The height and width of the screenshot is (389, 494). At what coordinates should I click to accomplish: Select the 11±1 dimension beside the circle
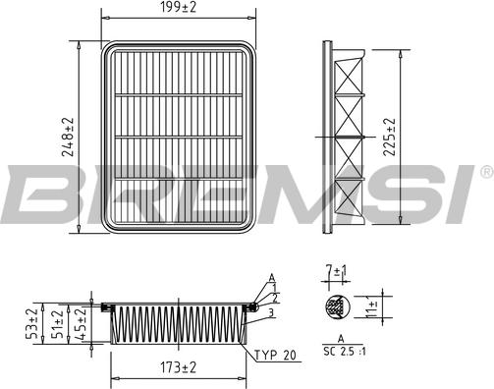click(372, 306)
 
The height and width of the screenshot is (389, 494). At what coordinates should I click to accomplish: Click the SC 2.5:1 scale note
click(344, 351)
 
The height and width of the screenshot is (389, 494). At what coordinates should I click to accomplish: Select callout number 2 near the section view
click(276, 297)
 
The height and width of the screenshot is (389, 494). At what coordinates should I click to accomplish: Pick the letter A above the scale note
click(340, 339)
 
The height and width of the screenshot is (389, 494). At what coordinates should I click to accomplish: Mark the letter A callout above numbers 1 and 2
click(270, 278)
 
